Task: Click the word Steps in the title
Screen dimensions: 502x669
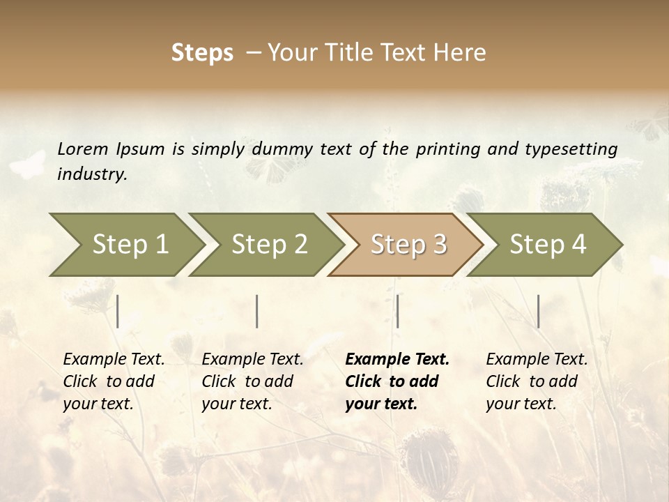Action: point(202,53)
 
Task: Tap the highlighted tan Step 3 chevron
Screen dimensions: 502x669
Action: point(408,245)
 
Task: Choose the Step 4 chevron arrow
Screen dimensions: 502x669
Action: point(548,245)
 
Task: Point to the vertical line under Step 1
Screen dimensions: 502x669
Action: point(118,311)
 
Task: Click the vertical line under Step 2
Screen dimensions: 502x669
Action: point(257,311)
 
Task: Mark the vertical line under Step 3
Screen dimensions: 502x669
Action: point(397,311)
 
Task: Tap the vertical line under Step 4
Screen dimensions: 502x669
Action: point(538,311)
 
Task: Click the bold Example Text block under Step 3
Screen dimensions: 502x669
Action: point(397,381)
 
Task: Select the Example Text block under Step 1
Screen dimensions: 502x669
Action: point(114,381)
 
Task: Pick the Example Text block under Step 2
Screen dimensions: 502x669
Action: point(252,381)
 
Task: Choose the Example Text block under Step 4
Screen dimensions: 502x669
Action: point(537,381)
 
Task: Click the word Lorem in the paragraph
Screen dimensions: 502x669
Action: point(83,149)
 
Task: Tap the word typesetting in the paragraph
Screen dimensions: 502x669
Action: point(571,149)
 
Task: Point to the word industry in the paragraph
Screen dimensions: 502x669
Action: point(92,174)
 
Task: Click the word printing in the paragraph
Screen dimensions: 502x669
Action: point(442,149)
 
